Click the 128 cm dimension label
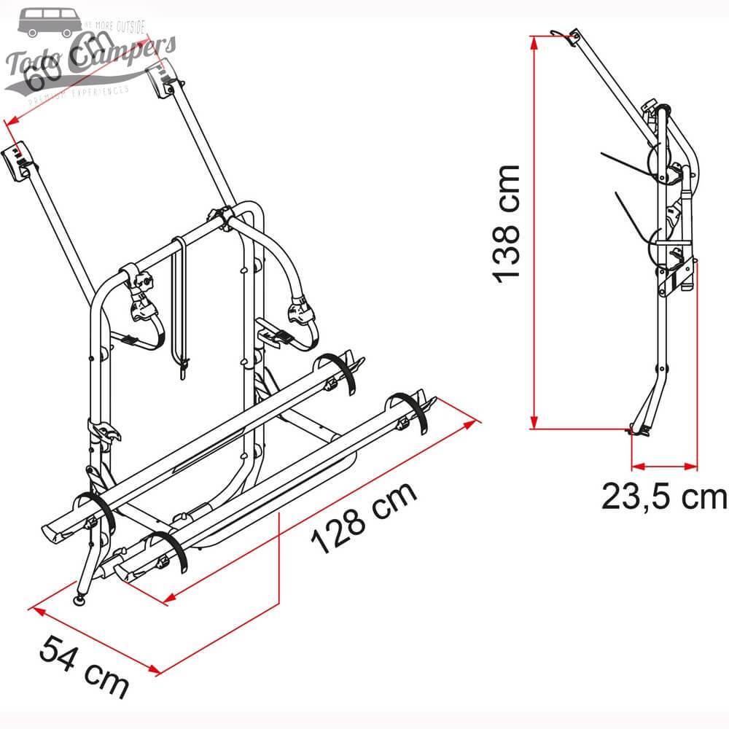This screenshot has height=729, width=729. click(364, 518)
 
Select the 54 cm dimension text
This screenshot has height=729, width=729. click(84, 665)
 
